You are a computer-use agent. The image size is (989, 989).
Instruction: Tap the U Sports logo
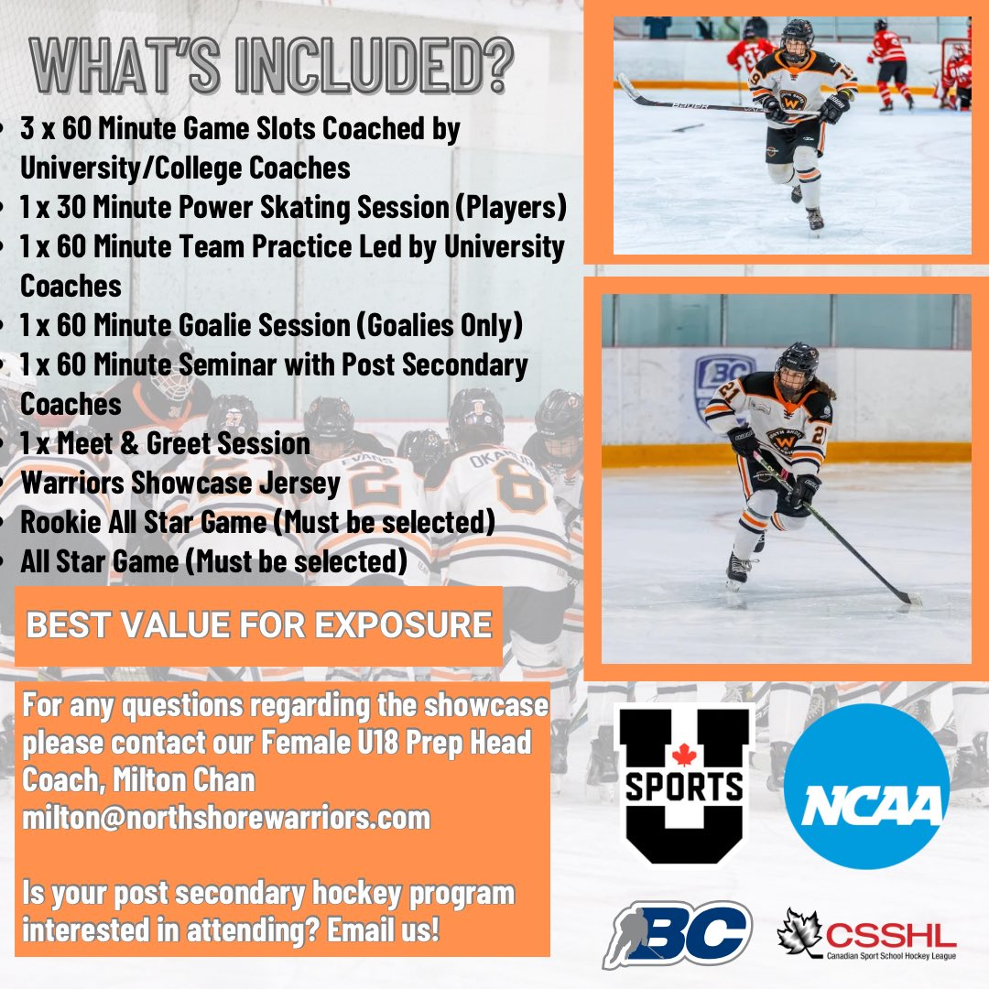[683, 784]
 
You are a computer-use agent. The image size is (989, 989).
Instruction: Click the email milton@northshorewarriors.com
[226, 817]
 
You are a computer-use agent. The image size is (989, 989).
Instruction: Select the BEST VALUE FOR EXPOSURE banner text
[259, 625]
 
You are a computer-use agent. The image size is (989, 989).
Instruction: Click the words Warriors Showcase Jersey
[180, 483]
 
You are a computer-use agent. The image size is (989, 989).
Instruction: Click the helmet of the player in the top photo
[796, 37]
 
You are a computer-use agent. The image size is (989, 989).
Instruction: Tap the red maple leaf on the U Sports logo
[681, 756]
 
